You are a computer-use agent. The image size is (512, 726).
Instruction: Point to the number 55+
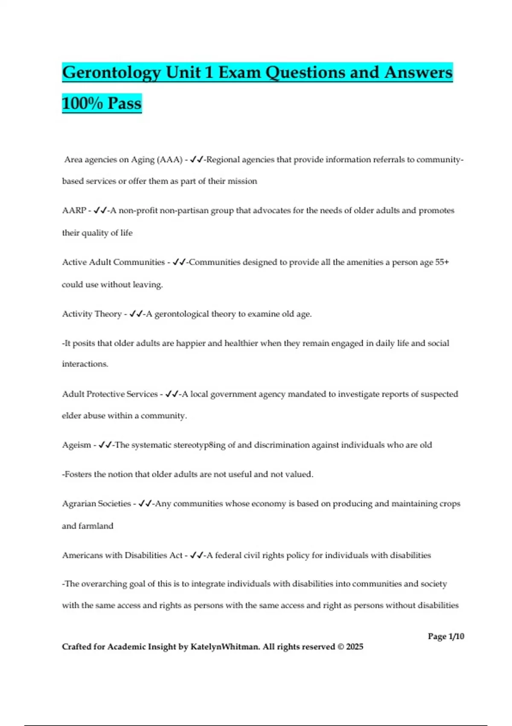[x=442, y=262]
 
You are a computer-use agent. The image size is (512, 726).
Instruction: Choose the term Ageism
[x=76, y=445]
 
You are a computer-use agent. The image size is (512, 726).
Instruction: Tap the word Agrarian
[x=79, y=504]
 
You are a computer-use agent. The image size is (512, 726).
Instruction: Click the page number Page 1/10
[x=446, y=636]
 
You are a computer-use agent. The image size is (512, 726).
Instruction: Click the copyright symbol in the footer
[x=340, y=647]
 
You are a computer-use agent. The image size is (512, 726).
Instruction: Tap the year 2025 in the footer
[x=355, y=647]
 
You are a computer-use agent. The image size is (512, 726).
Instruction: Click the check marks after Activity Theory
[x=136, y=314]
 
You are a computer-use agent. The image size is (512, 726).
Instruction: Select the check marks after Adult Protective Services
[x=172, y=394]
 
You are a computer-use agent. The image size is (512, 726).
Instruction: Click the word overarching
[x=104, y=584]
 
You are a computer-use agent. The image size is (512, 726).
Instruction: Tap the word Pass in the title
[x=124, y=103]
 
